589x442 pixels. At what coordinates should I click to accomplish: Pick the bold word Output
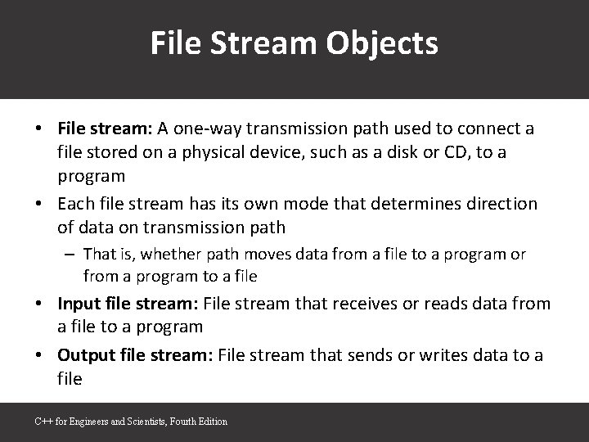click(84, 356)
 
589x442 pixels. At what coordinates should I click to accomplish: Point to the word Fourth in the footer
click(182, 422)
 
